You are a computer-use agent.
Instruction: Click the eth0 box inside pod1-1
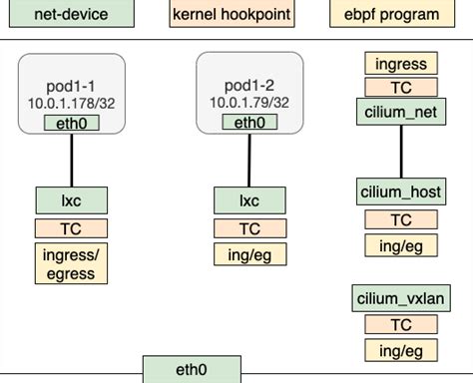[71, 123]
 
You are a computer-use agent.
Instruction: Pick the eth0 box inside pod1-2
[249, 123]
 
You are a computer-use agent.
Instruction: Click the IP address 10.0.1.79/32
[249, 103]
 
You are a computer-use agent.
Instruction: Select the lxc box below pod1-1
[71, 200]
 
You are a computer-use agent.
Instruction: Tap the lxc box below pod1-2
[249, 200]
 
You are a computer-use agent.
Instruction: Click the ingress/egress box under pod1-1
[71, 263]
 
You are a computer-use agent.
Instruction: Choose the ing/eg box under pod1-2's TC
[249, 255]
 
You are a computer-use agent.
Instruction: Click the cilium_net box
[400, 112]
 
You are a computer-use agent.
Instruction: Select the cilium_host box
[400, 191]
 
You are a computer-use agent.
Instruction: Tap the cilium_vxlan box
[400, 298]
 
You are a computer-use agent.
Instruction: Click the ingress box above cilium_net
[400, 65]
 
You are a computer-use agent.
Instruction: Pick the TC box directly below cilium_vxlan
[400, 324]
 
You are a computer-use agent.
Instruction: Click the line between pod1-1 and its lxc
[71, 160]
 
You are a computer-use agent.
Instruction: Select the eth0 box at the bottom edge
[191, 370]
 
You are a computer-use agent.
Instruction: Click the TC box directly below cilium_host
[400, 220]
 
